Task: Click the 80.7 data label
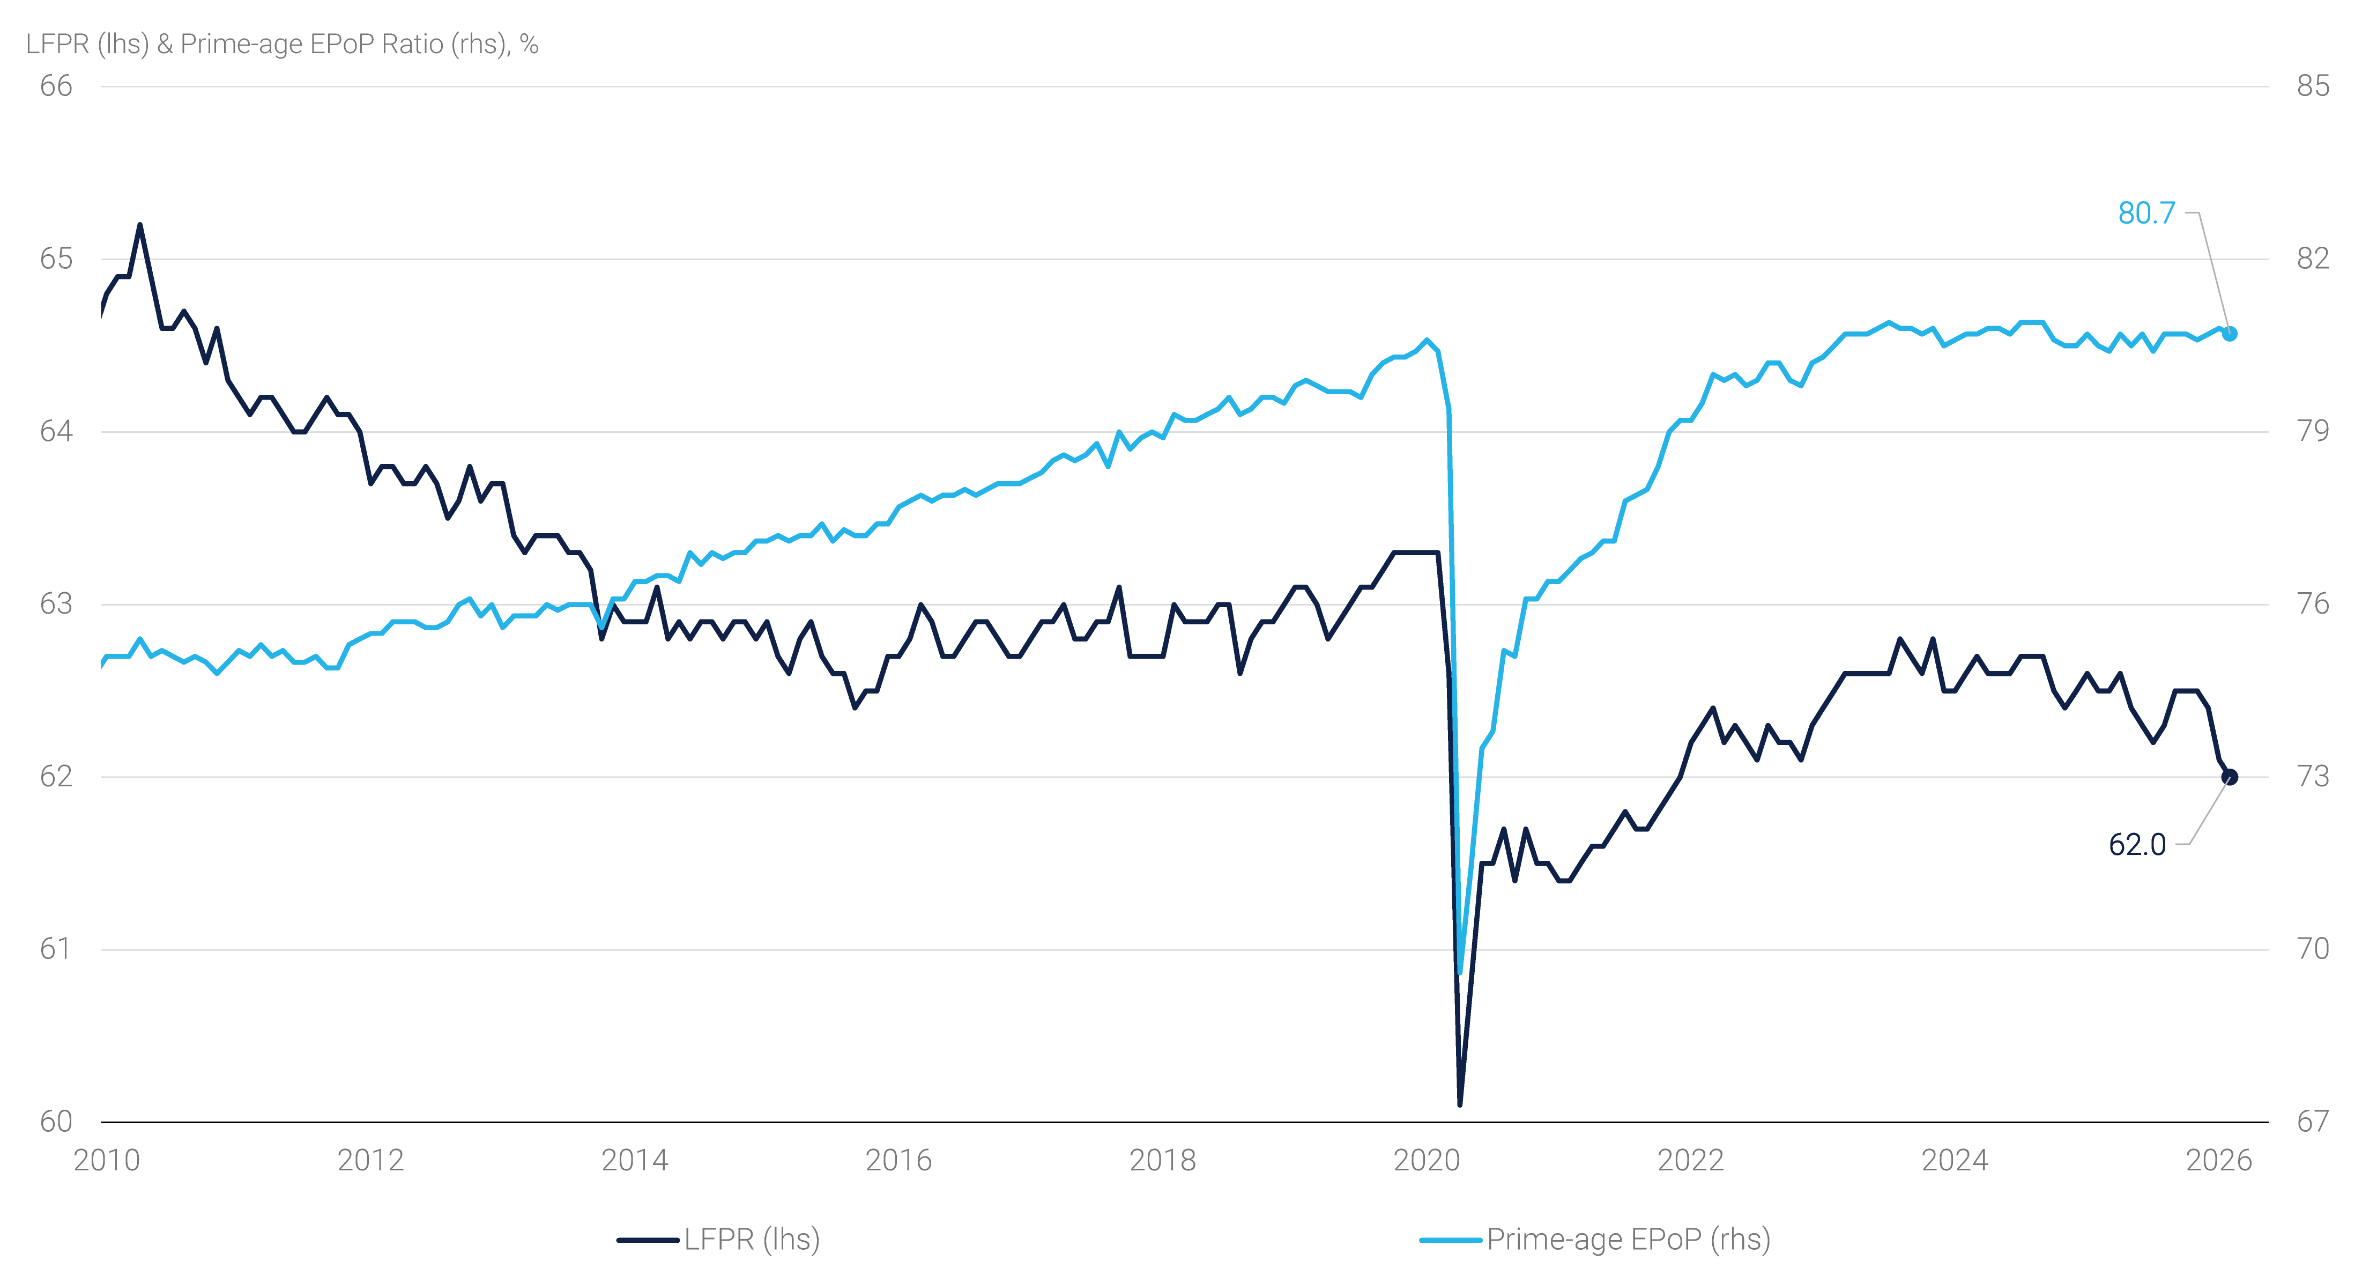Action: pyautogui.click(x=2146, y=213)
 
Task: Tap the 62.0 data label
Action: pyautogui.click(x=2137, y=845)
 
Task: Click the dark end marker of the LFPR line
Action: pyautogui.click(x=2230, y=776)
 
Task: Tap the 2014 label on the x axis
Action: pyautogui.click(x=634, y=1160)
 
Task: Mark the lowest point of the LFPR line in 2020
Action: pyautogui.click(x=1459, y=1104)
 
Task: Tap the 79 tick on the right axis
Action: pyautogui.click(x=2313, y=431)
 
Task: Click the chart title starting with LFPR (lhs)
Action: pyautogui.click(x=281, y=45)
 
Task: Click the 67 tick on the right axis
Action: pyautogui.click(x=2313, y=1122)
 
